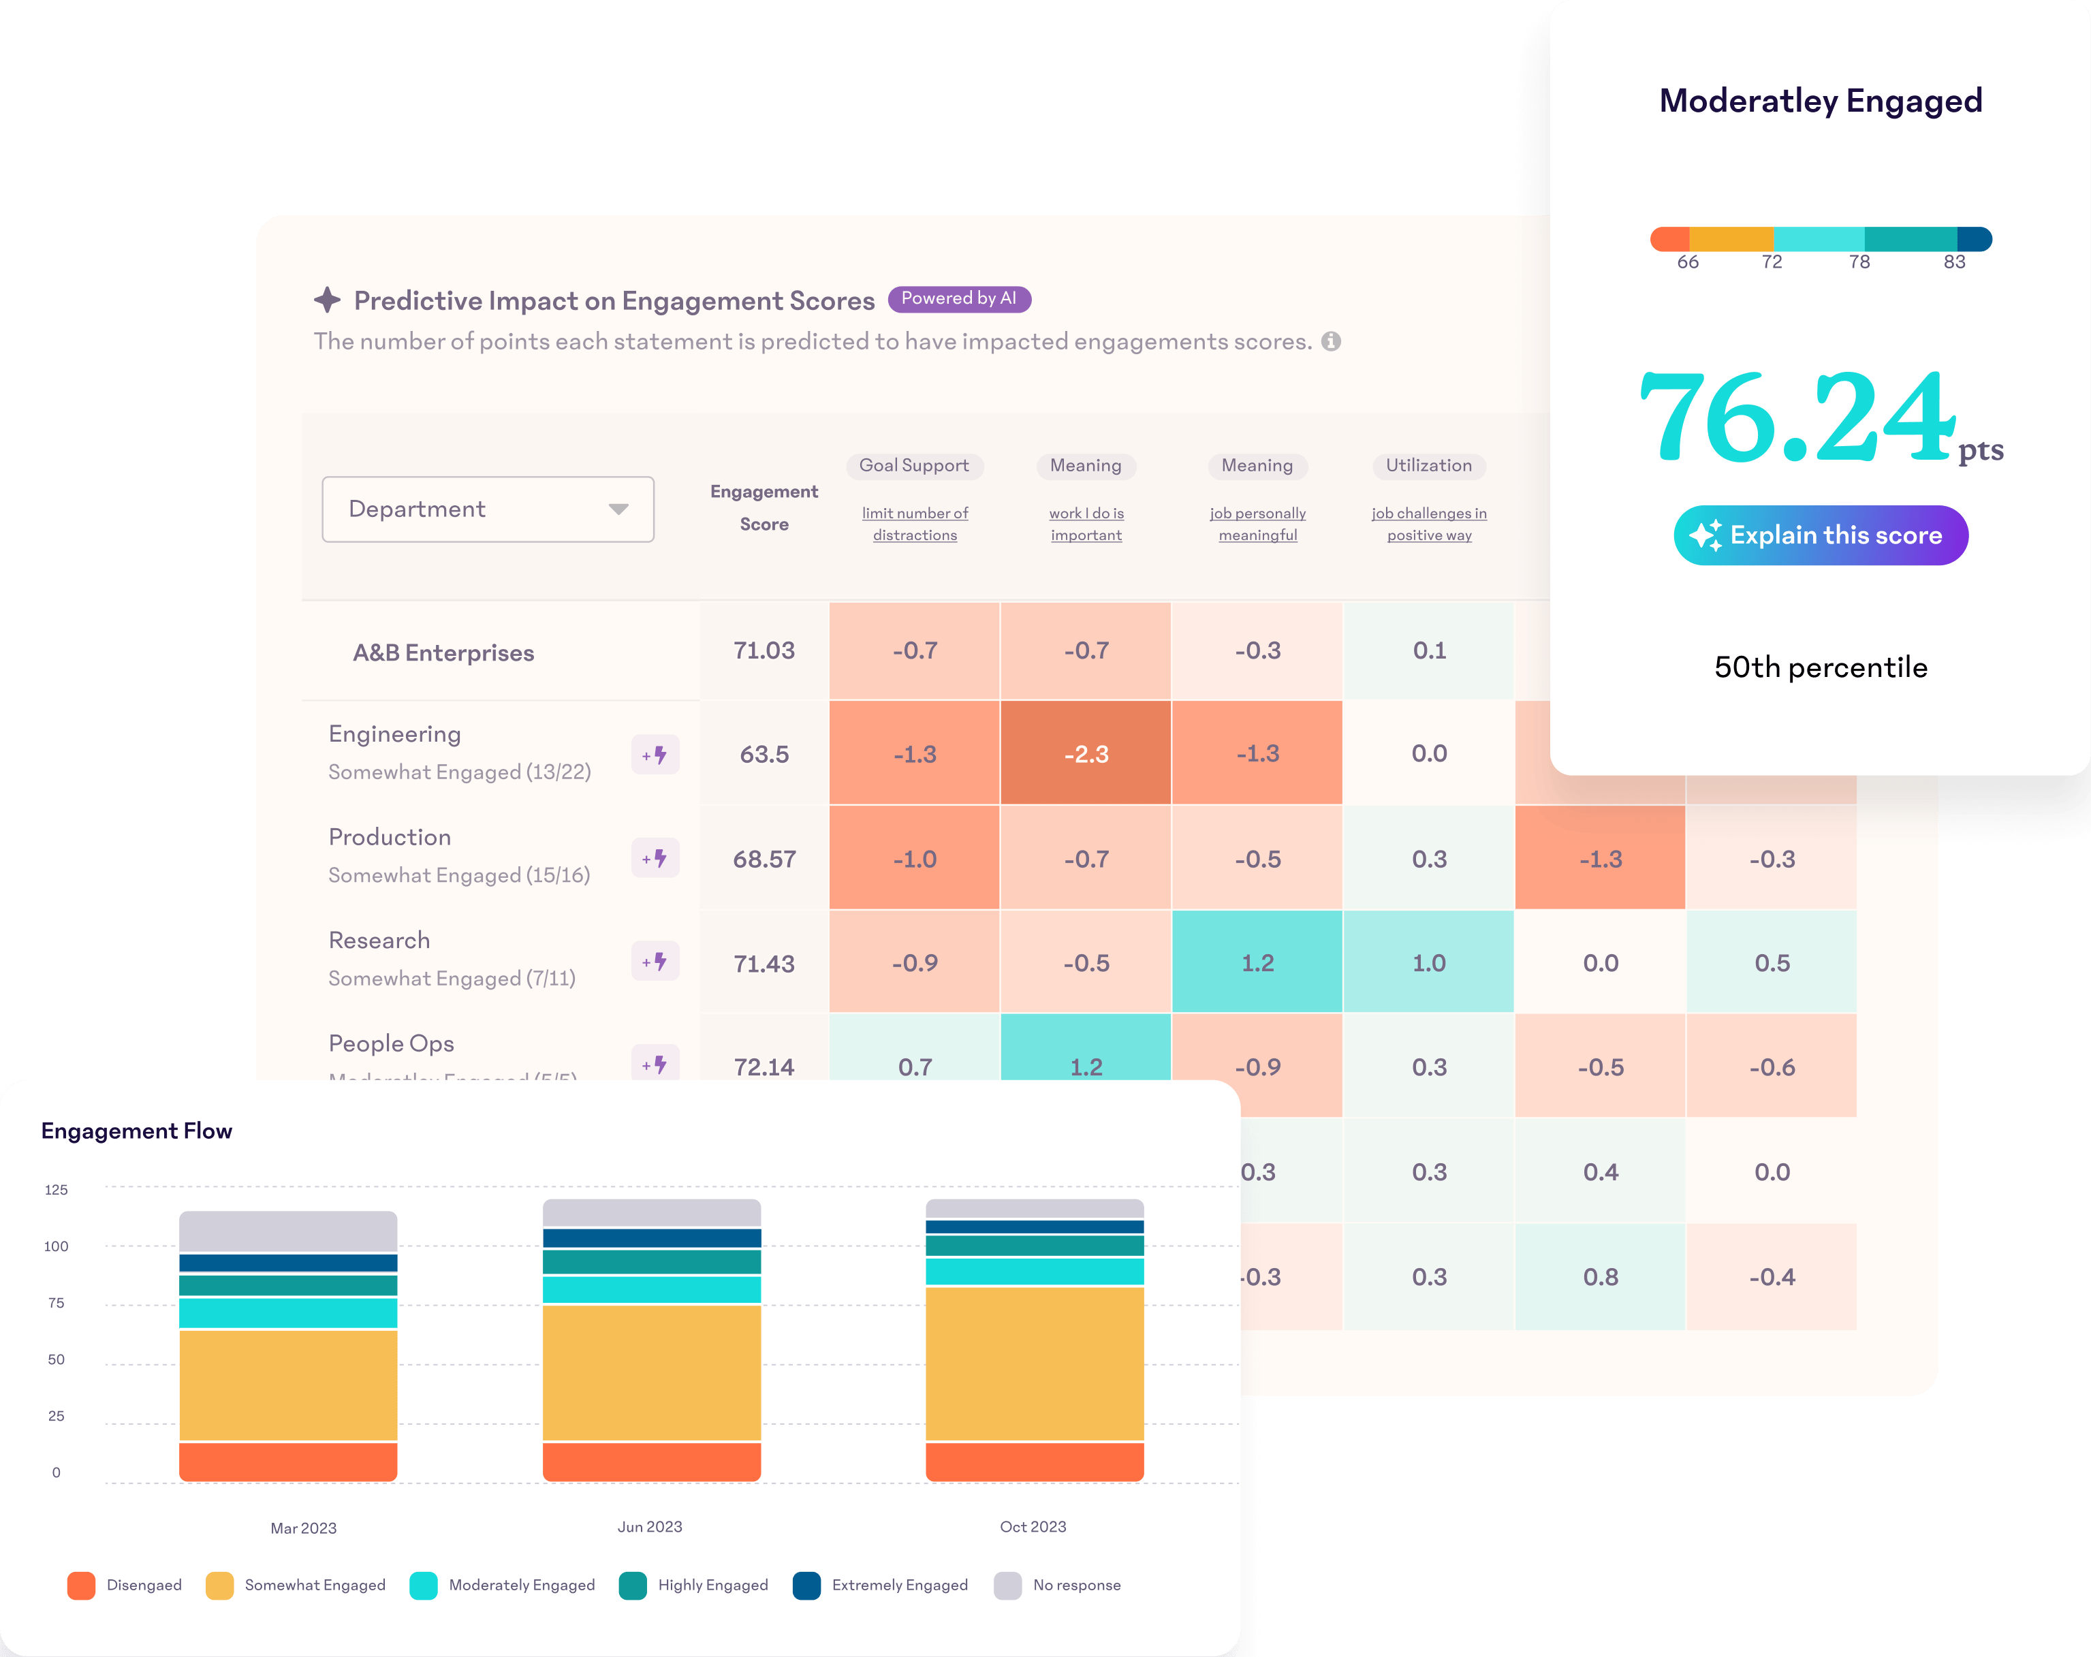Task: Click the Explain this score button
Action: tap(1821, 535)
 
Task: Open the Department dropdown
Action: tap(488, 509)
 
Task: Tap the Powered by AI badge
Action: tap(958, 298)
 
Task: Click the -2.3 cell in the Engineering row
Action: tap(1085, 753)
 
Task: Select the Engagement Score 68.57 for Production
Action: tap(764, 859)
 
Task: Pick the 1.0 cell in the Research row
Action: tap(1428, 963)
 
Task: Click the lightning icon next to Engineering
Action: tap(656, 755)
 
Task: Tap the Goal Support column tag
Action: tap(913, 465)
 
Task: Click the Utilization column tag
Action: tap(1428, 465)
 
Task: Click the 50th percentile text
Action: tap(1821, 667)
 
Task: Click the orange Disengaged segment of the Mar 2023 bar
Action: tap(288, 1461)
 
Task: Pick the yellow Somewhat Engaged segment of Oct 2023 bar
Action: tap(1035, 1362)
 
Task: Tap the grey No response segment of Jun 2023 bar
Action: tap(652, 1212)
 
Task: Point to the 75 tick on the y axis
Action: tap(57, 1303)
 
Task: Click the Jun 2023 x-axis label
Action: tap(650, 1527)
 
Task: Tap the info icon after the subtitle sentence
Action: tap(1332, 341)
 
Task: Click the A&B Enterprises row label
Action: tap(443, 652)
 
